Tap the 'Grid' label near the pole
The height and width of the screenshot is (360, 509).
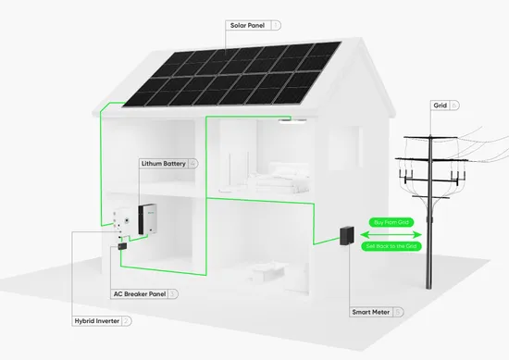[x=440, y=106]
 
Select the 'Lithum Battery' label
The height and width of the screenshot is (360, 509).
[x=162, y=164]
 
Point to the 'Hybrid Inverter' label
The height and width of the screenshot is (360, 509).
[x=95, y=320]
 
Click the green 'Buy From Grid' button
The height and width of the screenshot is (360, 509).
[x=390, y=223]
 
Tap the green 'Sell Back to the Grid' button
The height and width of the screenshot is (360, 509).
[x=393, y=248]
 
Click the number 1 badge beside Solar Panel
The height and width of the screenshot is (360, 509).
[x=277, y=25]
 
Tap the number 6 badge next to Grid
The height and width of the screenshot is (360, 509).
[x=454, y=106]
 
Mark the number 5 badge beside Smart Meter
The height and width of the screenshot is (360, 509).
[x=397, y=313]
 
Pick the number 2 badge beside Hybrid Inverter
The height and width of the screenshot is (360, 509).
[x=126, y=320]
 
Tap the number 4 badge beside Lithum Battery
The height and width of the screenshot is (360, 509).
[x=192, y=164]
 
